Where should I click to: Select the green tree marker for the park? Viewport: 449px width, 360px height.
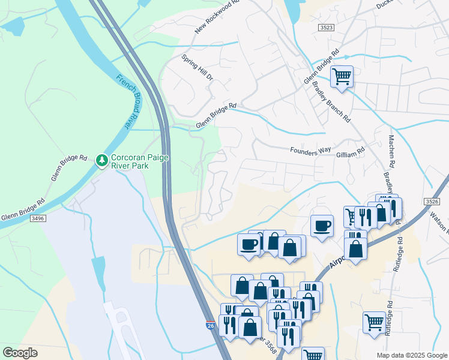click(102, 160)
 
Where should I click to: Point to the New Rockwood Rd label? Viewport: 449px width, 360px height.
click(217, 17)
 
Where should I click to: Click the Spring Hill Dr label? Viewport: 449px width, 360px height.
click(197, 68)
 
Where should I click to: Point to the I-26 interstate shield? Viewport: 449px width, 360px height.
click(209, 325)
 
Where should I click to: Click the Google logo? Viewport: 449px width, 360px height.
click(20, 353)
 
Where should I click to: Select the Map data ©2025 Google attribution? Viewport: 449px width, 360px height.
click(411, 355)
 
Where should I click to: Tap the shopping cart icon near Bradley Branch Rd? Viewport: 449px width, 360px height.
click(342, 77)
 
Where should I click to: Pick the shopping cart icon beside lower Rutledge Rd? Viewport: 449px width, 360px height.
click(375, 322)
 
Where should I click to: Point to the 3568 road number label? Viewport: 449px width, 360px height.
click(264, 343)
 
